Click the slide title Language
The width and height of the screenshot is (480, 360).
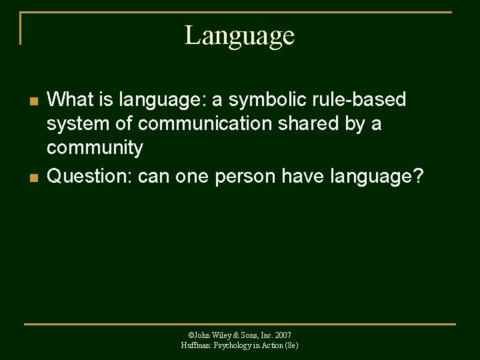coord(239,35)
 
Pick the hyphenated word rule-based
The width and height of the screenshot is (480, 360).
coord(362,100)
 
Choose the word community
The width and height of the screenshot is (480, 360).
coord(95,148)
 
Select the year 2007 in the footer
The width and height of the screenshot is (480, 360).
coord(283,335)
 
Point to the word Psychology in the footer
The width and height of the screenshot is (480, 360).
coord(234,345)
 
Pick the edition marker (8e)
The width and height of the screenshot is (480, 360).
coord(291,345)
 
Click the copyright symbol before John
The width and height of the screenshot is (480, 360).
coord(191,335)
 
